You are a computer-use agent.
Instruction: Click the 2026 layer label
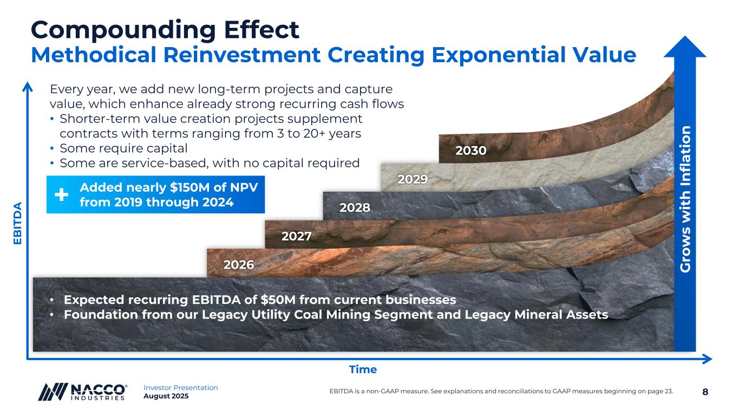pos(239,265)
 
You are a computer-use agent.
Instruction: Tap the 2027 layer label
pos(296,236)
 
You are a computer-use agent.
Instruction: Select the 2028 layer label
pos(355,207)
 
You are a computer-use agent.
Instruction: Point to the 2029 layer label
pos(413,179)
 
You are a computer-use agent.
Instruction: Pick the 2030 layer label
pos(471,151)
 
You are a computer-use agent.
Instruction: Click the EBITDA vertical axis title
pos(17,223)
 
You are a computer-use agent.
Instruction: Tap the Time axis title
pos(363,369)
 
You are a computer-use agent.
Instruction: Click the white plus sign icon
pos(61,194)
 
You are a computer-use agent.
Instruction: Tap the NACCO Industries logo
pos(82,392)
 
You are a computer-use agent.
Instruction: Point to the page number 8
pos(705,392)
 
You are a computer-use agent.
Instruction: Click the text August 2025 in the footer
pos(166,396)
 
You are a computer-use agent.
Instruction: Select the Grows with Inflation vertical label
pos(685,199)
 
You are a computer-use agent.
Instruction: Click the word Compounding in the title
pos(123,31)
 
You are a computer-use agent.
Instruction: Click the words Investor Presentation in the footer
pos(181,388)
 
